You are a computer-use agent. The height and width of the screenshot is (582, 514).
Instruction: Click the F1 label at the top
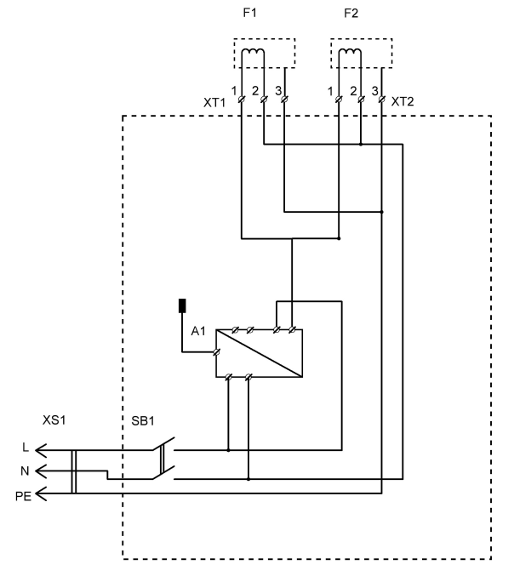tap(254, 14)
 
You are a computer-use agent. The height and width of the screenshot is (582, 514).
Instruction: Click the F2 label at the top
tap(350, 14)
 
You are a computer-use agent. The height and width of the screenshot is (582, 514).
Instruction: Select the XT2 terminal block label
tap(403, 101)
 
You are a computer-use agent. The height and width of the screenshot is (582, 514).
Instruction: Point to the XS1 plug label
tap(54, 421)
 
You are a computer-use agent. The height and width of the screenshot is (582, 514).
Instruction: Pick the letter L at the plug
tap(26, 447)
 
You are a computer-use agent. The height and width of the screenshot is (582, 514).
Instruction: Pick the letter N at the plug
tap(26, 469)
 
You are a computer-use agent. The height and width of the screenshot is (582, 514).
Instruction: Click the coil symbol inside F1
tap(253, 55)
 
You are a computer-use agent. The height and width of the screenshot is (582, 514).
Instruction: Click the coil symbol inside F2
tap(350, 55)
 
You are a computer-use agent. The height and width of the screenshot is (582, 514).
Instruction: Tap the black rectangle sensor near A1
tap(181, 306)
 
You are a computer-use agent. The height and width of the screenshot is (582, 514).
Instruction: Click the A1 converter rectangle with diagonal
tap(259, 352)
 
